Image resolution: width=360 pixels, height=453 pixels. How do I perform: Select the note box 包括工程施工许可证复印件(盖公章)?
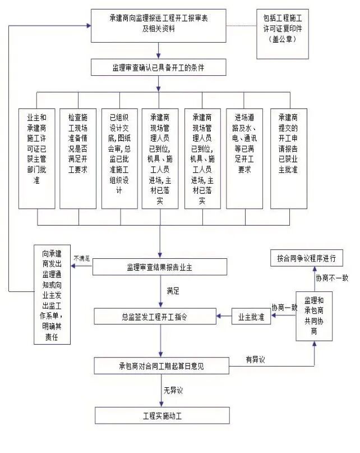coord(283,33)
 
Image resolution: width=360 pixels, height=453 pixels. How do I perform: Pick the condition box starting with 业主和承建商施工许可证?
coord(37,158)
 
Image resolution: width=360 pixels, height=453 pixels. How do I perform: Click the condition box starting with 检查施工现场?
coord(79,158)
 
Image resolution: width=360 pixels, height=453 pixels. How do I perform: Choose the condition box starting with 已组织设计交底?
coord(119,158)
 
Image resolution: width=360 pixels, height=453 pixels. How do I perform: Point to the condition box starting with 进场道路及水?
coord(244,158)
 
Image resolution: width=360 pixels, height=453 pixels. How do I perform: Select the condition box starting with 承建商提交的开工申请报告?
coord(288,158)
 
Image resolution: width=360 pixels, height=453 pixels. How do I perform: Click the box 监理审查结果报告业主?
coord(160,266)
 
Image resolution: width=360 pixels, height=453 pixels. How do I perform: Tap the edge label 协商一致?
coord(284,308)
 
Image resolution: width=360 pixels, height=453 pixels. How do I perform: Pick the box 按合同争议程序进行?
coord(306,258)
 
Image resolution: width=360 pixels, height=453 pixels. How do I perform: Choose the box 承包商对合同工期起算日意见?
coord(161,366)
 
